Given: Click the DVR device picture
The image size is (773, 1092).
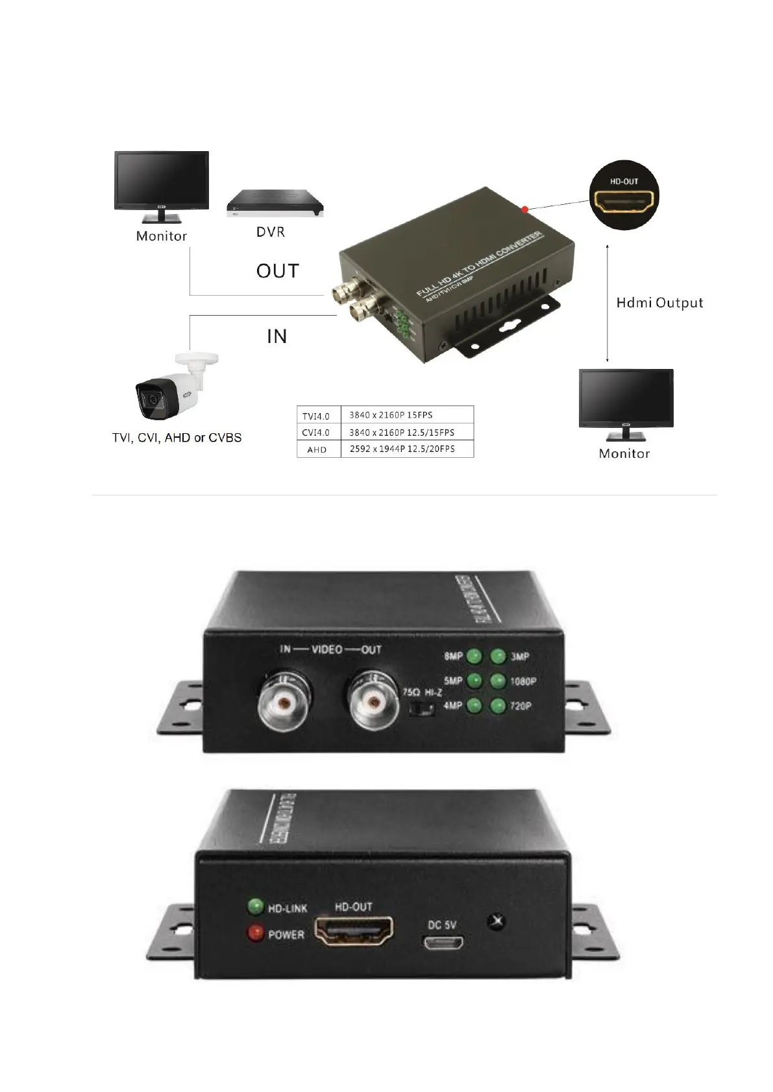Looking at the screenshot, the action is pyautogui.click(x=275, y=203).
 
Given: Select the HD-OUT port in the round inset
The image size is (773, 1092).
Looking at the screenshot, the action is pyautogui.click(x=624, y=202).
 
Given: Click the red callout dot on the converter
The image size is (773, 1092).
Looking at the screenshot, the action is pyautogui.click(x=524, y=209).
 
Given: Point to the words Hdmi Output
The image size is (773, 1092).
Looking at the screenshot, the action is pyautogui.click(x=659, y=303).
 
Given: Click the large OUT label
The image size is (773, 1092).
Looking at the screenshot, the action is pyautogui.click(x=278, y=270).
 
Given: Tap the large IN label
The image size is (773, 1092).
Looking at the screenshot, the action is pyautogui.click(x=277, y=336).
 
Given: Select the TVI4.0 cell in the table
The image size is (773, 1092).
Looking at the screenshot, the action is pyautogui.click(x=317, y=416).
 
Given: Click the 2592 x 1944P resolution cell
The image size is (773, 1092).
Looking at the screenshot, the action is pyautogui.click(x=402, y=449).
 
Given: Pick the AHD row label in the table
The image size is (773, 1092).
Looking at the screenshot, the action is pyautogui.click(x=317, y=449).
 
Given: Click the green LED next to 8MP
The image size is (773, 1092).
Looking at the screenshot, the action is pyautogui.click(x=475, y=656).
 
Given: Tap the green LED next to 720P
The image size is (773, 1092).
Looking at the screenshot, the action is pyautogui.click(x=498, y=705).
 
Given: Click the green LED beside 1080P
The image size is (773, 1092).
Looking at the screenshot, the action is pyautogui.click(x=498, y=681).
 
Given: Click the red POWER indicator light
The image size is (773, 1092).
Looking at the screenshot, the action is pyautogui.click(x=255, y=933).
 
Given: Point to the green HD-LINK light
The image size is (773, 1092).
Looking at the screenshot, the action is pyautogui.click(x=255, y=906).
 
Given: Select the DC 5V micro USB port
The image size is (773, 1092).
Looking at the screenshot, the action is pyautogui.click(x=443, y=944).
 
